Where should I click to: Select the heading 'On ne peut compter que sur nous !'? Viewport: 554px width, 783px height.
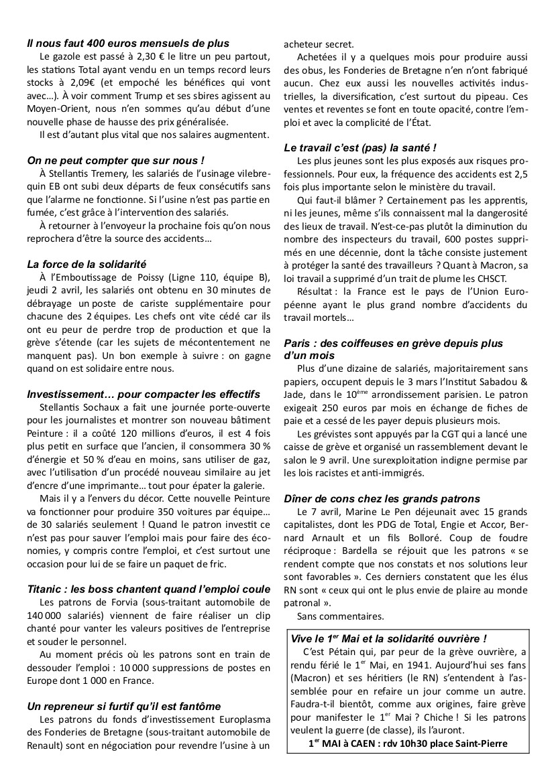[x=116, y=161]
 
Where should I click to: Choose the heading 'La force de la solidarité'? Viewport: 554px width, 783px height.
[x=87, y=264]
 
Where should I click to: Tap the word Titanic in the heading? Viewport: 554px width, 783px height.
[x=46, y=589]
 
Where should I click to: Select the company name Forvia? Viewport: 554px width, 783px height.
[x=119, y=602]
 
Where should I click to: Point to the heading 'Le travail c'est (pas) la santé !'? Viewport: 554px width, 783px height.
[x=360, y=147]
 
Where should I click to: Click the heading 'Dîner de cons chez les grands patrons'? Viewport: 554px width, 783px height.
[x=391, y=498]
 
